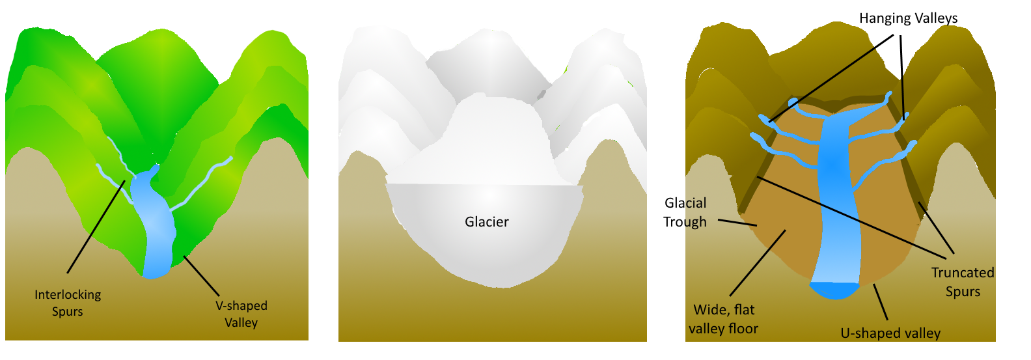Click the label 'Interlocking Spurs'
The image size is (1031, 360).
pyautogui.click(x=68, y=303)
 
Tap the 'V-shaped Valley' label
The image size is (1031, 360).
pyautogui.click(x=241, y=314)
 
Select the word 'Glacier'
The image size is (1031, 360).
pyautogui.click(x=486, y=222)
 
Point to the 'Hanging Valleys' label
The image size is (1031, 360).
pyautogui.click(x=908, y=18)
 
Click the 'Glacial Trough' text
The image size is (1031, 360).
pyautogui.click(x=685, y=212)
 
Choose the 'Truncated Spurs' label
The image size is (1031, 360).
pyautogui.click(x=963, y=282)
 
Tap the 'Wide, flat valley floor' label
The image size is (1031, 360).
pyautogui.click(x=723, y=319)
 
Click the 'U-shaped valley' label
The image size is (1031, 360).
pyautogui.click(x=890, y=333)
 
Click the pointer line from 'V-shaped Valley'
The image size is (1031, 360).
pyautogui.click(x=202, y=276)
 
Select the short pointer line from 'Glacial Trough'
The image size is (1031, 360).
pyautogui.click(x=737, y=223)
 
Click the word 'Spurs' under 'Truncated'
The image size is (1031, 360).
pyautogui.click(x=963, y=292)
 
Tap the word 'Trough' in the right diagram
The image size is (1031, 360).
pyautogui.click(x=685, y=222)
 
